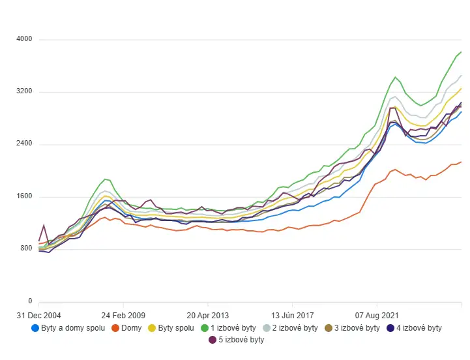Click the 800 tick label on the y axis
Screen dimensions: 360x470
pos(25,249)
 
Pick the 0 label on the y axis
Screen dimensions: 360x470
pos(30,301)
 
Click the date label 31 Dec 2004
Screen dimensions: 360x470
pos(39,315)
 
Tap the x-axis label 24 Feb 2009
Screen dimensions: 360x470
pos(123,315)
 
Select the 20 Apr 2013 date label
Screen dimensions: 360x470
pos(207,315)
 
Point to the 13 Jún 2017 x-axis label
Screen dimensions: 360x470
pos(292,315)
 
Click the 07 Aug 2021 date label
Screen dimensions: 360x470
pos(376,315)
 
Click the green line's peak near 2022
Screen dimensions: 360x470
pos(395,77)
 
